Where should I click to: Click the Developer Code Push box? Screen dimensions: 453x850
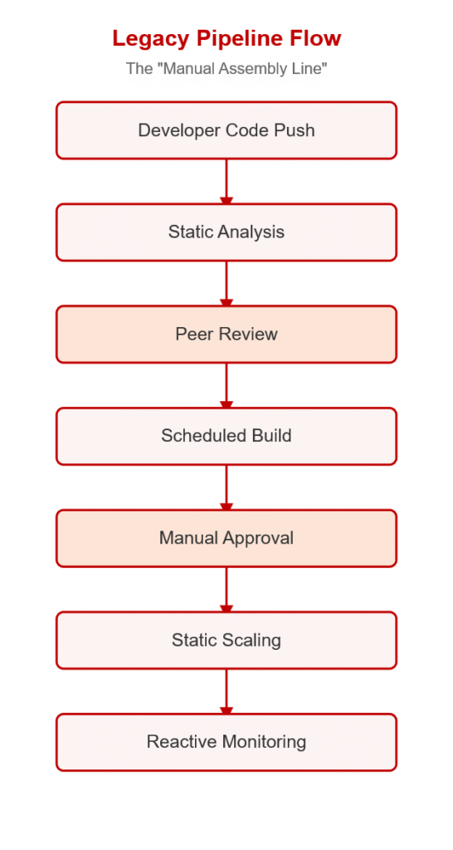click(226, 130)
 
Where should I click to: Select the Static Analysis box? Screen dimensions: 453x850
click(226, 232)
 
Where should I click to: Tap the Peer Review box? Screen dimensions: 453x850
click(226, 334)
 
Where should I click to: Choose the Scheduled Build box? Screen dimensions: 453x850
click(226, 436)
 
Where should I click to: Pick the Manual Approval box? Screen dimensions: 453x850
click(226, 538)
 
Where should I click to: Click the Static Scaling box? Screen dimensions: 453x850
click(226, 640)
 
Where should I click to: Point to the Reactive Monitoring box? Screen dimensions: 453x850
click(226, 742)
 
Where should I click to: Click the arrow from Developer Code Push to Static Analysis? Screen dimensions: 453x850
click(226, 182)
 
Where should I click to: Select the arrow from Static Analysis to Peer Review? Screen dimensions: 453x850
click(226, 284)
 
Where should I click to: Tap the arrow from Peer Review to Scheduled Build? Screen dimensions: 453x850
click(226, 385)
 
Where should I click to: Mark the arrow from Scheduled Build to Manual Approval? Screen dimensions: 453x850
click(226, 487)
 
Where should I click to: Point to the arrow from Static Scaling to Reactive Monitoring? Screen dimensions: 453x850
click(226, 691)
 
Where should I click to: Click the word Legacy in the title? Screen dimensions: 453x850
click(151, 39)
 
